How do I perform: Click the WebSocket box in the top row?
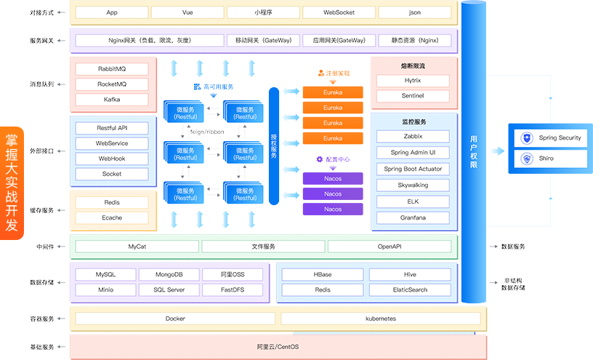point(339,12)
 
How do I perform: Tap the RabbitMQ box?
point(112,69)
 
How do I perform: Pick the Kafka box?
point(112,99)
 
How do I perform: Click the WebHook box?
point(112,159)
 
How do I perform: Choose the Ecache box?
point(112,217)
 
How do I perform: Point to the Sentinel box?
point(413,96)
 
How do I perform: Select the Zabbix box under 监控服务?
point(413,136)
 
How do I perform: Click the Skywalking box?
point(413,185)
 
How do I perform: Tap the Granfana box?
point(413,217)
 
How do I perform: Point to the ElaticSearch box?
point(410,289)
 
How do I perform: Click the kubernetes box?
point(380,319)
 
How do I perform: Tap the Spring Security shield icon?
point(528,137)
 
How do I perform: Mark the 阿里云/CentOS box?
point(277,346)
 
